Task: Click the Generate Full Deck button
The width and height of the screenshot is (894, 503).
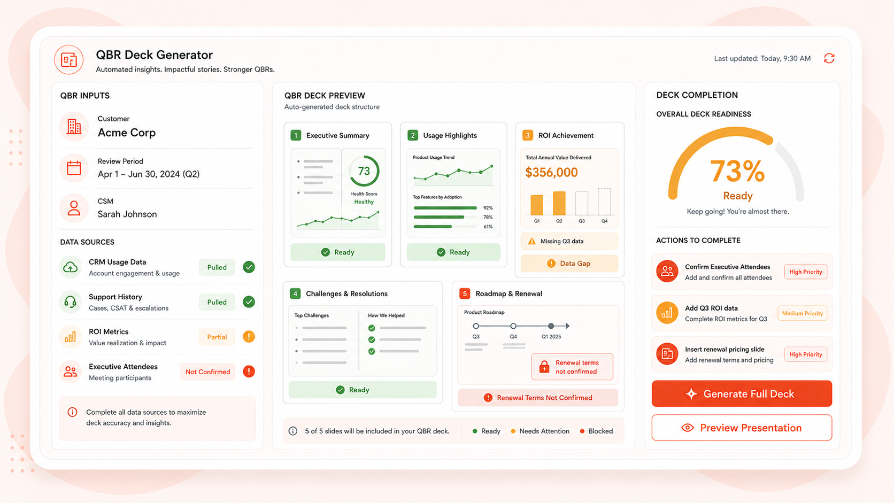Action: coord(742,394)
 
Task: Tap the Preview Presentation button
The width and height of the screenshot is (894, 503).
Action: coord(742,428)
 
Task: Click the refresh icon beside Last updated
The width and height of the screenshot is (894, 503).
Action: coord(829,58)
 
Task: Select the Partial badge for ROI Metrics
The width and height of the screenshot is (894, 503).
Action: coord(217,337)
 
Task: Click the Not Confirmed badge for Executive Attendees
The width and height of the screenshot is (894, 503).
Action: coord(207,372)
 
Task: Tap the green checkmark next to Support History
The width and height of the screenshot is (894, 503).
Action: coord(249,302)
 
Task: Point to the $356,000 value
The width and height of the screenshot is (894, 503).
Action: coord(551,172)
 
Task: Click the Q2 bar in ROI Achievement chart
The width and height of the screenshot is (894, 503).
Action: coord(559,204)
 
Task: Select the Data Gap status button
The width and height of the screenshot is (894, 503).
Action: coord(569,264)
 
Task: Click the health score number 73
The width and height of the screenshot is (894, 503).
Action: coord(364,171)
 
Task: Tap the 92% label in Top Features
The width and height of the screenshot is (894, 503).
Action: coord(488,208)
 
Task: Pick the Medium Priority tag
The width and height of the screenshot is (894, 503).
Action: coord(802,314)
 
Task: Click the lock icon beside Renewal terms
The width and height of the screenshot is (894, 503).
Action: coord(544,367)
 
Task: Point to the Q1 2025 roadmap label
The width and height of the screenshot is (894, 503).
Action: coord(551,337)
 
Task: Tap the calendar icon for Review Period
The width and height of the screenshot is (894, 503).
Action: coord(74,168)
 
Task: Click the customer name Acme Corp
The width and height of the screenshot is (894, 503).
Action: coord(127,133)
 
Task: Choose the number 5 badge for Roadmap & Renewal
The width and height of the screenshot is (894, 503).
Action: coord(465,293)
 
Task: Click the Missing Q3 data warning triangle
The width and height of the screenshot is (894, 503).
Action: coord(531,241)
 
